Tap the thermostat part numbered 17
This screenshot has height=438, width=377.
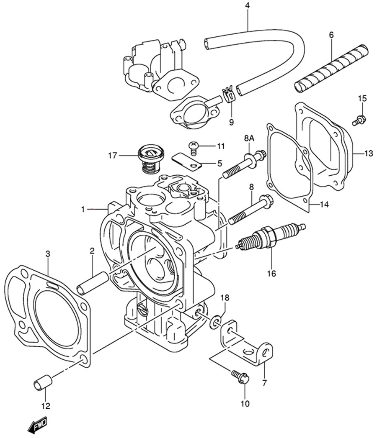coord(151,159)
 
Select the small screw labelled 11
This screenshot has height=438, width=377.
coord(192,148)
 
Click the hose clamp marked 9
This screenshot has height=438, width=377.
coord(228,95)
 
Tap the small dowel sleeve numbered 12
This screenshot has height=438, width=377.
coord(43,382)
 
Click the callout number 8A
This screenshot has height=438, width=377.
coord(249,138)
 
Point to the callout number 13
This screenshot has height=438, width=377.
coord(369,153)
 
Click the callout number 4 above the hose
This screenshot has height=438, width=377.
coord(248,5)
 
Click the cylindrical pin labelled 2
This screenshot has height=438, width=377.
coord(93,283)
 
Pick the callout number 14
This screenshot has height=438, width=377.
coord(324,205)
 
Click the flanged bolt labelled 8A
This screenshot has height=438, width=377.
coord(244,164)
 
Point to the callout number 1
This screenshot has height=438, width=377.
coord(83,209)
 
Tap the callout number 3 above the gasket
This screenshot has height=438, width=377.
coord(48,254)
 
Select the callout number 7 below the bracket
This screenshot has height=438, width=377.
coord(265,382)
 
